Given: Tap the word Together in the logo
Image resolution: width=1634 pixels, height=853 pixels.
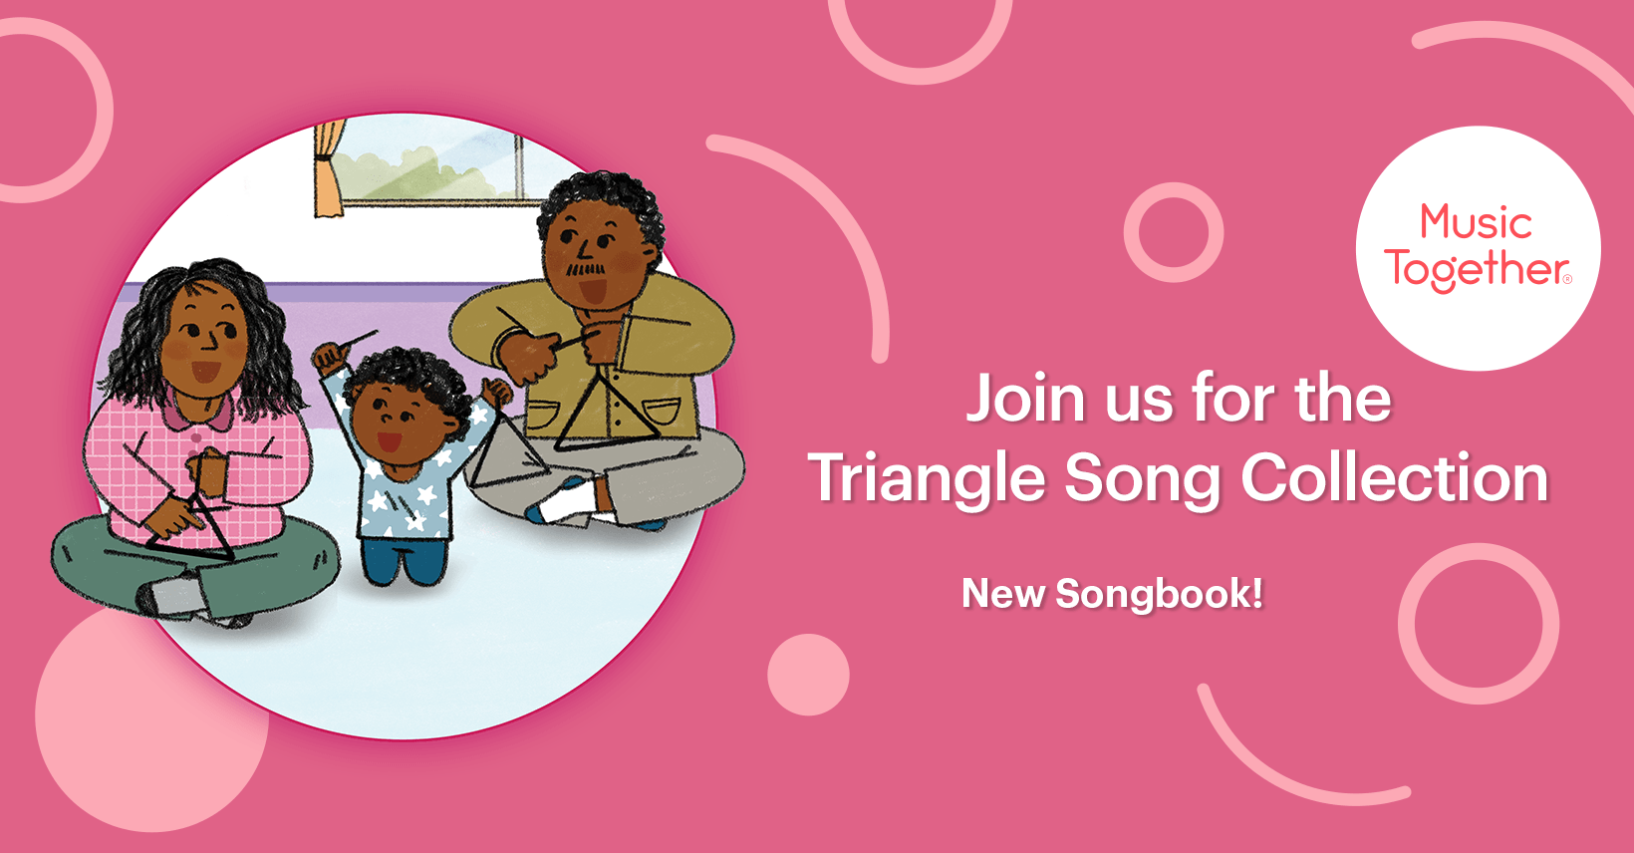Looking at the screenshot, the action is click(1478, 269).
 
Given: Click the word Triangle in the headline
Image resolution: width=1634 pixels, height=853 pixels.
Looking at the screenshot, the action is click(928, 479).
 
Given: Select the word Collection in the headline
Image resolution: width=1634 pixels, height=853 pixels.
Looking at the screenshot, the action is click(1394, 477).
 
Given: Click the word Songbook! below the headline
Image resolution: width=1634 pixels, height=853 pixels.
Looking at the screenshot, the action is click(1159, 593).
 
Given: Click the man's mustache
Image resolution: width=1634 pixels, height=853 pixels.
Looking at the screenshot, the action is click(586, 269).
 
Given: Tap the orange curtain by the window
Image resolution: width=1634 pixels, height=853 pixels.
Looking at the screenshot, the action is click(329, 169).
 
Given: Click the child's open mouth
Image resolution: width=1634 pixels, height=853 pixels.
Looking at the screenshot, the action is click(389, 441).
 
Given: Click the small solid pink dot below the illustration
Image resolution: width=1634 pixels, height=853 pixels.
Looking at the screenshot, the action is click(808, 675).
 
